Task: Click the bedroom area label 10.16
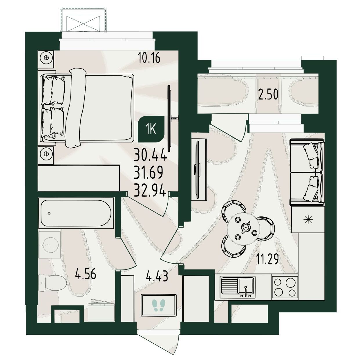149,57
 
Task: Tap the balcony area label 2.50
268,94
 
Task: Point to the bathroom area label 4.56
86,274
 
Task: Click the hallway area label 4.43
157,276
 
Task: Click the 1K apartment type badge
151,129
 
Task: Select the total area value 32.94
150,191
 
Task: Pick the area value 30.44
151,154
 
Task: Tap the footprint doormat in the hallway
159,305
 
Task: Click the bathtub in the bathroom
76,213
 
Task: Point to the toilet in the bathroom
53,283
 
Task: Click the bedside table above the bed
46,58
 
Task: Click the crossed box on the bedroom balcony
83,24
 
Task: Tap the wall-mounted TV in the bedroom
170,118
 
